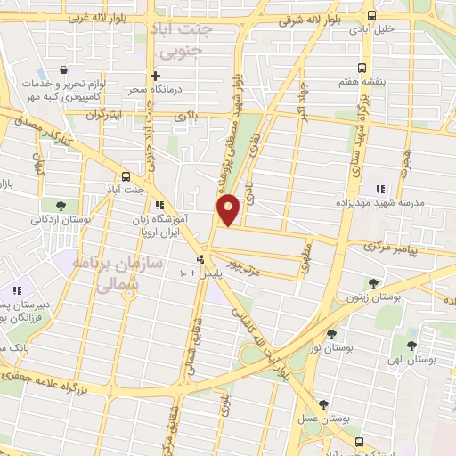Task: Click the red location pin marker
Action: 229,208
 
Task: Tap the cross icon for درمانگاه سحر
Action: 155,77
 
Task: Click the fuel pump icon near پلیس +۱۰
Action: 200,260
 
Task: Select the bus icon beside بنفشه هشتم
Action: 362,68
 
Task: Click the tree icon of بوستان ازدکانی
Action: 59,206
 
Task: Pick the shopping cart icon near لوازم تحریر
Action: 62,69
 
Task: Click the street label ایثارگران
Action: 102,116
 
